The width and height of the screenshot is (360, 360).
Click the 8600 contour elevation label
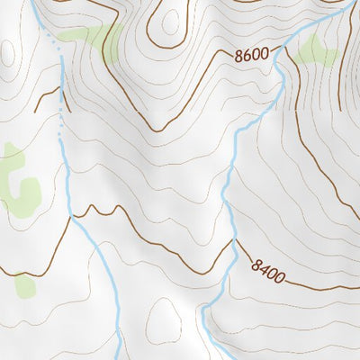[252, 55]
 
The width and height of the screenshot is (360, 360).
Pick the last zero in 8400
[280, 276]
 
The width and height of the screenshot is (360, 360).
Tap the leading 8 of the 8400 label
[257, 265]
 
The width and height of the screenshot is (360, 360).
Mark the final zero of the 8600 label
[265, 53]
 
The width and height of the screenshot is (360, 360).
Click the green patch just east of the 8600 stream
[315, 52]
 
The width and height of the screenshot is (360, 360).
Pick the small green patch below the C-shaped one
[24, 286]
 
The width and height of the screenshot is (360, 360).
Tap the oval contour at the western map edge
[4, 54]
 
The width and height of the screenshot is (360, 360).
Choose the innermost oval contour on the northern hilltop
[166, 22]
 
